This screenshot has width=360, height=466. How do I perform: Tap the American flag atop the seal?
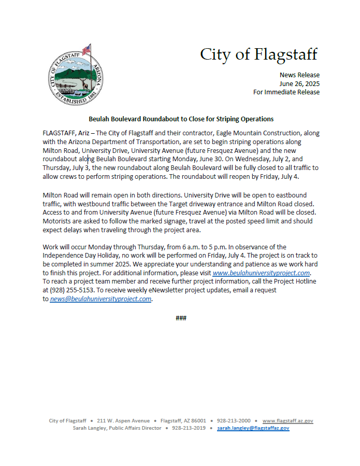pyautogui.click(x=87, y=49)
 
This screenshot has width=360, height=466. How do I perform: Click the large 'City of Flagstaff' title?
pyautogui.click(x=258, y=54)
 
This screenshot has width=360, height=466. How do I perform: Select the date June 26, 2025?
pyautogui.click(x=299, y=83)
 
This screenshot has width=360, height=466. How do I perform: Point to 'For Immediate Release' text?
pyautogui.click(x=286, y=92)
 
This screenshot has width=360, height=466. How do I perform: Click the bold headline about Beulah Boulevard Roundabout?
pyautogui.click(x=181, y=119)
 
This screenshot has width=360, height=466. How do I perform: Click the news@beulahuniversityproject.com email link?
pyautogui.click(x=100, y=299)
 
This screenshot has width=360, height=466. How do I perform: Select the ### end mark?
pyautogui.click(x=181, y=318)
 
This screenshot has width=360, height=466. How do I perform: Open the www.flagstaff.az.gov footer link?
pyautogui.click(x=287, y=421)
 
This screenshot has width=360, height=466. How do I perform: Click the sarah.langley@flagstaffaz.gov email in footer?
pyautogui.click(x=253, y=428)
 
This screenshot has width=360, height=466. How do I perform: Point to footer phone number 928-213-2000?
pyautogui.click(x=234, y=421)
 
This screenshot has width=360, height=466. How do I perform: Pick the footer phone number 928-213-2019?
pyautogui.click(x=189, y=428)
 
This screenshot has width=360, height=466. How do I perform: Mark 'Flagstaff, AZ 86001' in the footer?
pyautogui.click(x=183, y=421)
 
